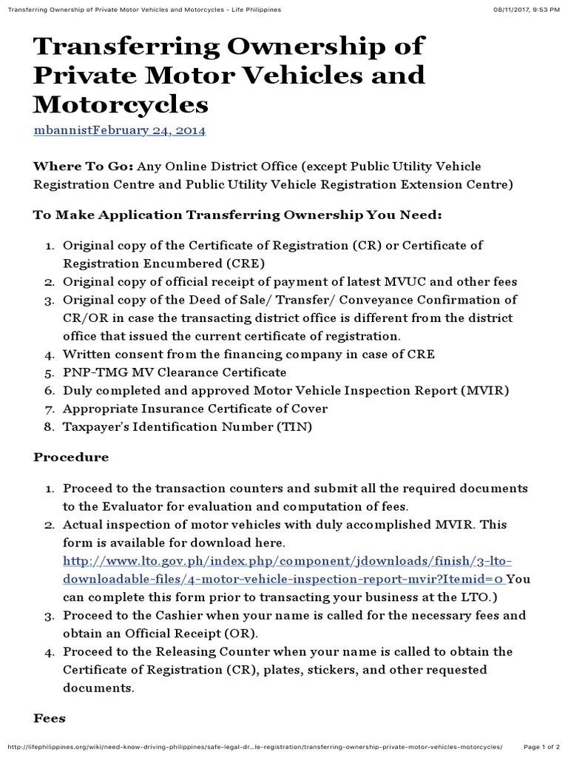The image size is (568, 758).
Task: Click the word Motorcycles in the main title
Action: point(121,104)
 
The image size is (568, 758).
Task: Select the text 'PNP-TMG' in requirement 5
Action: point(88,372)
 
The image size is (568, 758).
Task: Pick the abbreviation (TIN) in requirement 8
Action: point(293,427)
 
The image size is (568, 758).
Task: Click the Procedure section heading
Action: point(71,457)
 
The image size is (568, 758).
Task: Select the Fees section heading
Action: point(50,719)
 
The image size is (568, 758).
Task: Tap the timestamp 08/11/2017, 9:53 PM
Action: point(526,8)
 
